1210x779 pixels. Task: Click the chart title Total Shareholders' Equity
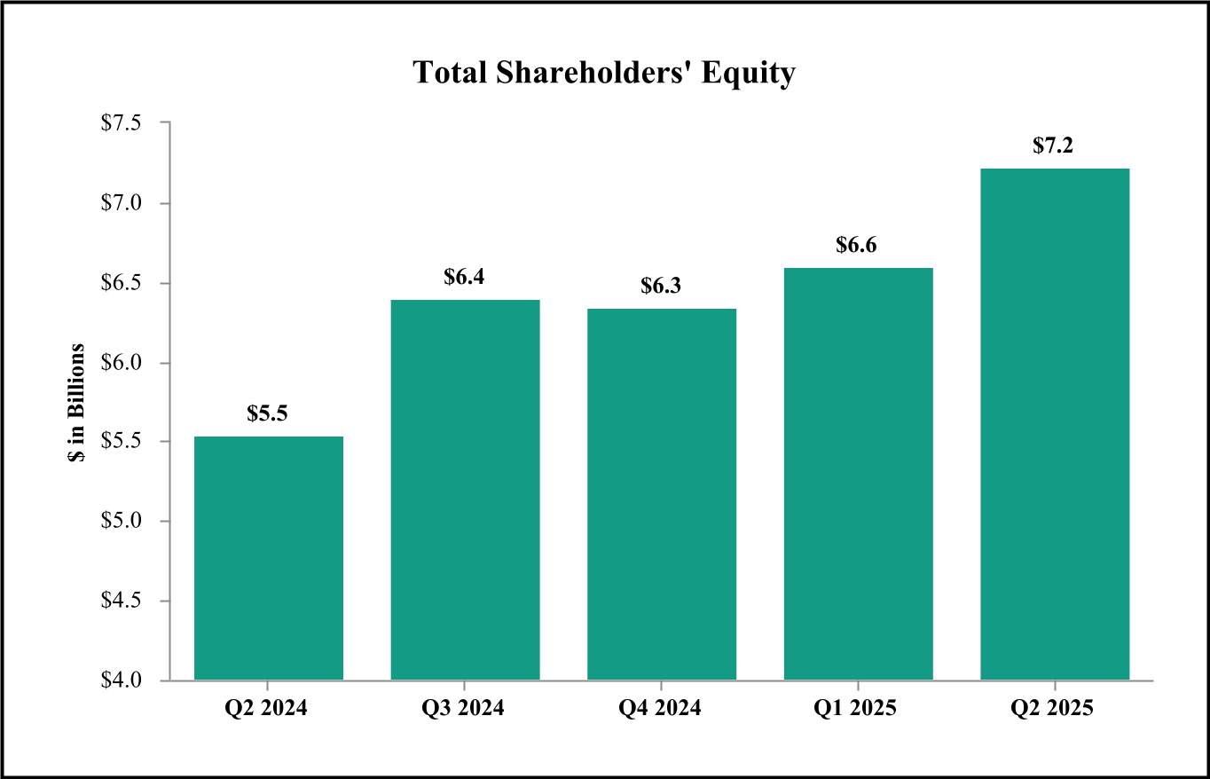(604, 74)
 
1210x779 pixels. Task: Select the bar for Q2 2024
(269, 558)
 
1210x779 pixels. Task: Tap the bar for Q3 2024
(465, 490)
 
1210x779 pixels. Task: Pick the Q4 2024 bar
(662, 494)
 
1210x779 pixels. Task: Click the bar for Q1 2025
(858, 474)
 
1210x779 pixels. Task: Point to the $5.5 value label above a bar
(268, 413)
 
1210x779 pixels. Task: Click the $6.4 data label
(465, 277)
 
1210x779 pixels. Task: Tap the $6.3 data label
(662, 287)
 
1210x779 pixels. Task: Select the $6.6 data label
(857, 245)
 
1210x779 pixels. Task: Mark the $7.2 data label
(1054, 146)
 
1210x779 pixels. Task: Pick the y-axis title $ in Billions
(79, 402)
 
